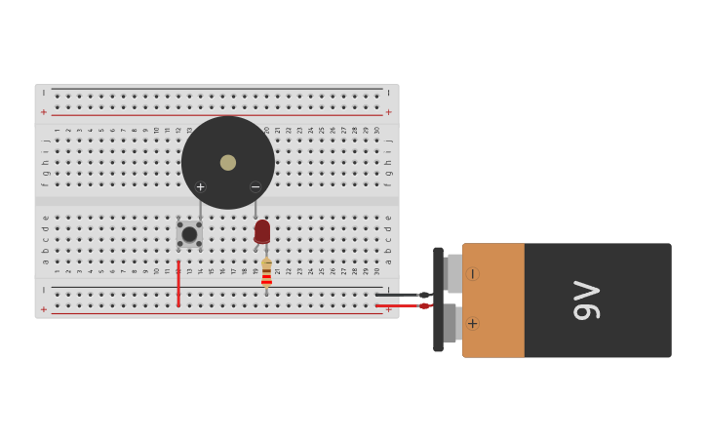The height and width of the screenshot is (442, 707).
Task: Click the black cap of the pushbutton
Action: click(189, 234)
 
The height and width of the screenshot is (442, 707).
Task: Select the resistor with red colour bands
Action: click(266, 274)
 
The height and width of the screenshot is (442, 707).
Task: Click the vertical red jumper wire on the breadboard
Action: click(178, 283)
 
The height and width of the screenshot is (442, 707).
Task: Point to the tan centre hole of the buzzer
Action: click(228, 163)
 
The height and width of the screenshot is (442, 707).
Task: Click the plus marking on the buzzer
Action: click(201, 187)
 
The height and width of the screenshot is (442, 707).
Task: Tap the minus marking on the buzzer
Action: click(255, 187)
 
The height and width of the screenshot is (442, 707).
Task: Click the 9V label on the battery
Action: click(586, 301)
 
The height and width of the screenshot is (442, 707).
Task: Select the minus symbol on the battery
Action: click(472, 274)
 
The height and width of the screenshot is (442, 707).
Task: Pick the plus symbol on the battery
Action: click(472, 323)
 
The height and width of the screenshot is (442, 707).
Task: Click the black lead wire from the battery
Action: click(398, 295)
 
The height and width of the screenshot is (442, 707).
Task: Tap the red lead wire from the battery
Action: click(398, 305)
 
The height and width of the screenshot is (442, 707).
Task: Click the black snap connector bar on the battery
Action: click(438, 300)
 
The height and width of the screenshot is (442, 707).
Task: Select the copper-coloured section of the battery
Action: click(493, 301)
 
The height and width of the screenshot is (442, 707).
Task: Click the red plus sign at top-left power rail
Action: click(44, 112)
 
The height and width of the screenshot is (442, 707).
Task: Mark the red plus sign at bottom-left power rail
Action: click(44, 309)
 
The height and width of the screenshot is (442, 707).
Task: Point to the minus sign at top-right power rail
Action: click(388, 93)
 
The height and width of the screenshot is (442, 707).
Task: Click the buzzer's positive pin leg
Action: click(201, 210)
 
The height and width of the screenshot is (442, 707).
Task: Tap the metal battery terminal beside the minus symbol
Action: click(453, 274)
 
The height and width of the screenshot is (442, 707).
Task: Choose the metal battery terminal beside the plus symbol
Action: click(452, 323)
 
